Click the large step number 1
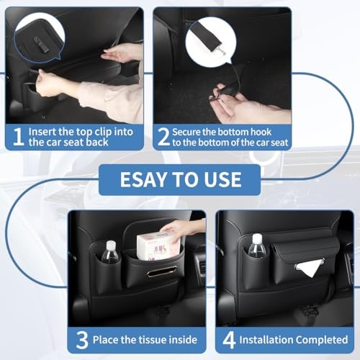click(19, 137)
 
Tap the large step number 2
click(163, 137)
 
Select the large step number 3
click(82, 340)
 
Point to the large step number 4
click(229, 340)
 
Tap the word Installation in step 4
click(266, 340)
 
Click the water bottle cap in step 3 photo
click(111, 246)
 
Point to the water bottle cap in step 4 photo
click(257, 238)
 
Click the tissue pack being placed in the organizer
click(158, 247)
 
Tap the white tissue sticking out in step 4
click(309, 268)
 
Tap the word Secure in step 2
click(186, 132)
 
